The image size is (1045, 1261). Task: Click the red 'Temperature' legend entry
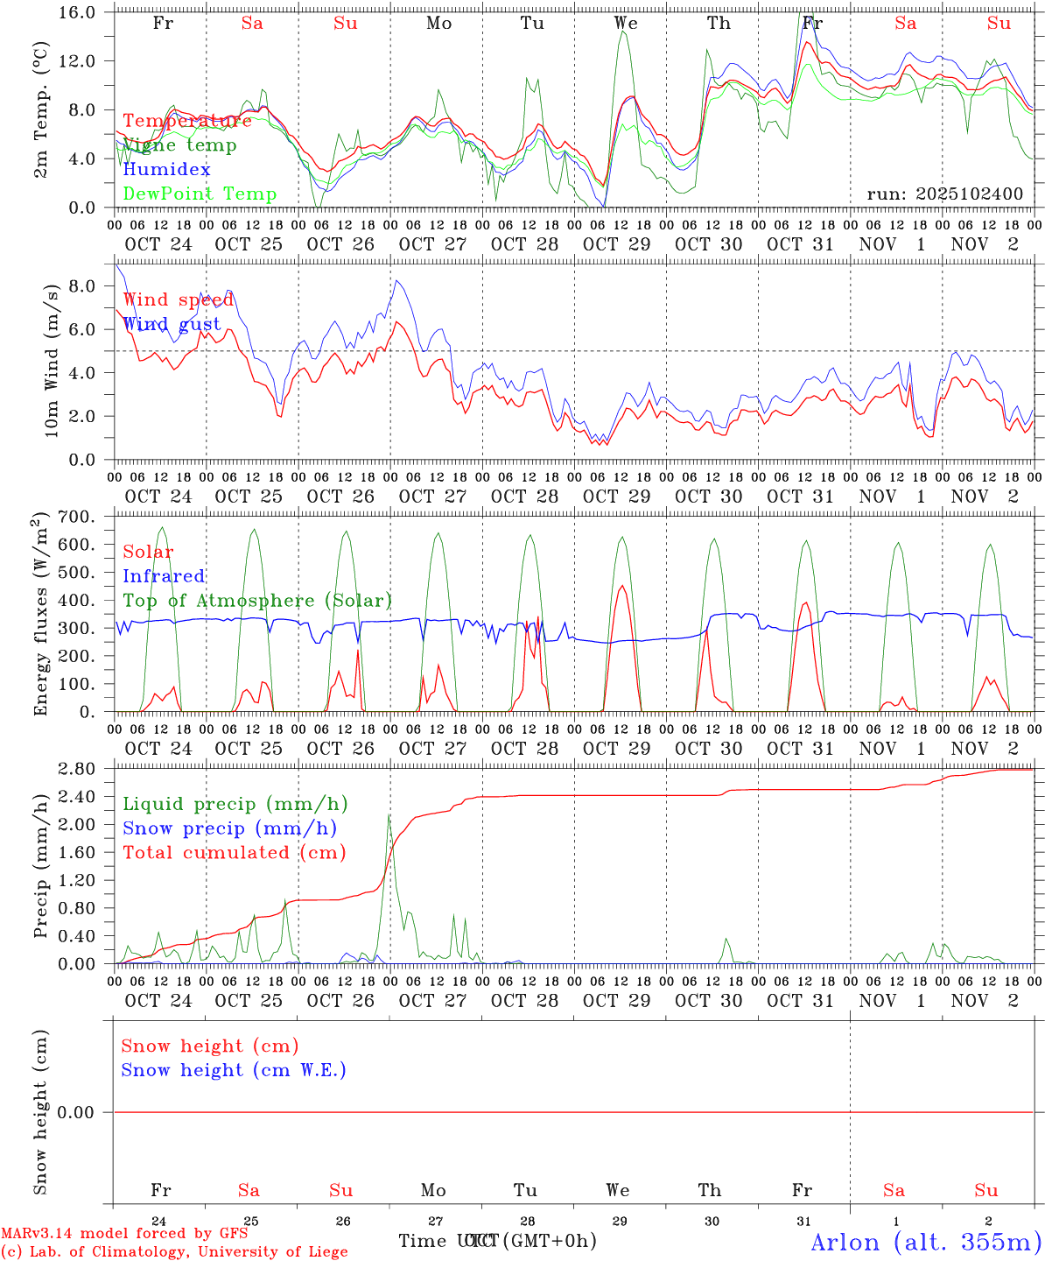click(x=186, y=121)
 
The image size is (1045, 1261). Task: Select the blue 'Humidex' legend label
click(x=166, y=170)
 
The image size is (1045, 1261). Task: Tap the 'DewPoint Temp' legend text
click(x=200, y=194)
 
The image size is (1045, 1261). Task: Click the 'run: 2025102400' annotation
click(x=944, y=194)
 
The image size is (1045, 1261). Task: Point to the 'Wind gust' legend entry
click(x=172, y=324)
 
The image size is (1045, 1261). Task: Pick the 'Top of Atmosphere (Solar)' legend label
click(x=257, y=601)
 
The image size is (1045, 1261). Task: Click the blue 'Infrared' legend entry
click(x=164, y=576)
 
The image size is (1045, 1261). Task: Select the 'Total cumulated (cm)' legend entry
click(x=234, y=852)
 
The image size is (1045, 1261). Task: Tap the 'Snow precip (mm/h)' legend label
click(x=229, y=828)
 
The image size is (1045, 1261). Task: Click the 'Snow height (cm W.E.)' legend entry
click(x=234, y=1070)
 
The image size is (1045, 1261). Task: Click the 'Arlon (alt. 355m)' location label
click(x=926, y=1242)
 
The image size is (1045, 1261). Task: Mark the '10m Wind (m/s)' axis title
click(x=52, y=361)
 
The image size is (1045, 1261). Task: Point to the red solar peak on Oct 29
click(x=621, y=586)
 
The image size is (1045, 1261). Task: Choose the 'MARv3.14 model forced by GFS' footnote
click(x=124, y=1233)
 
